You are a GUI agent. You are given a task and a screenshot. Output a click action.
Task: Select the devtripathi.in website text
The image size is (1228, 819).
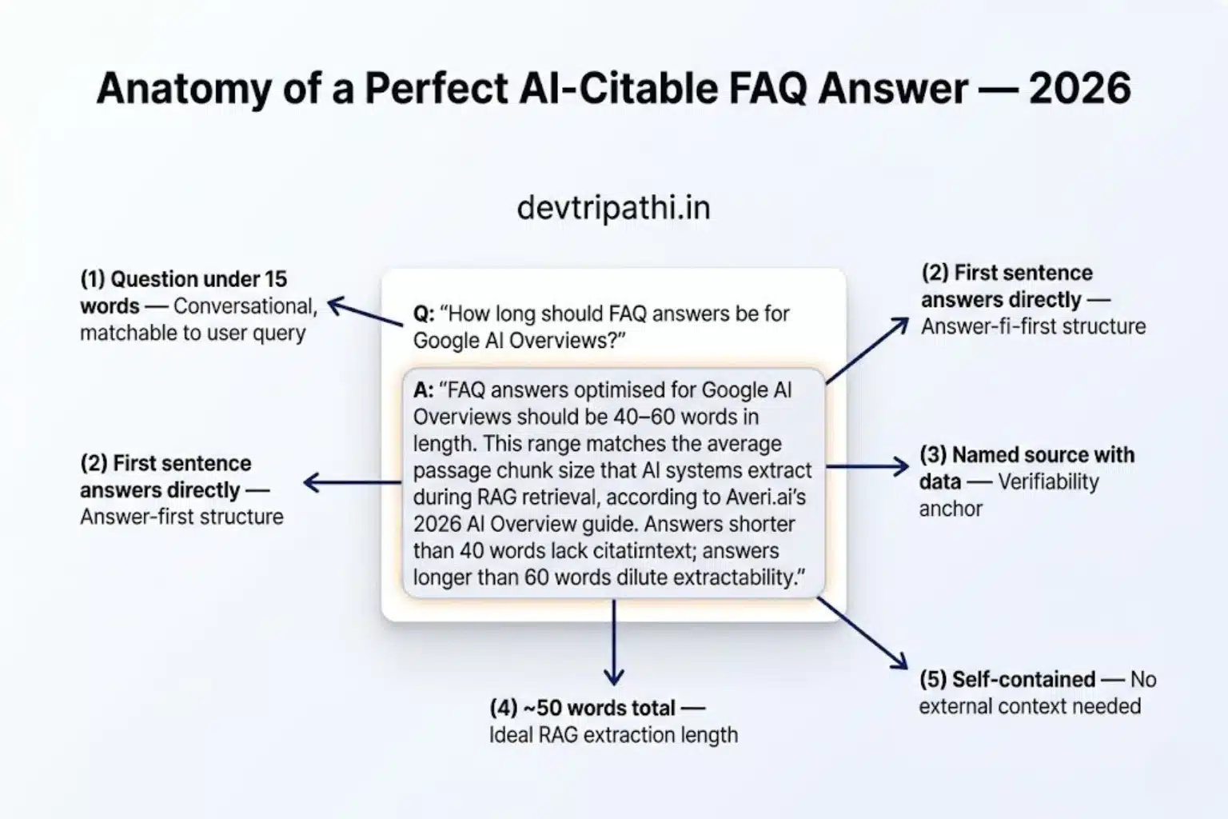coord(613,208)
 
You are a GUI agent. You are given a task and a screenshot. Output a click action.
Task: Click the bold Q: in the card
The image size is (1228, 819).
coord(423,314)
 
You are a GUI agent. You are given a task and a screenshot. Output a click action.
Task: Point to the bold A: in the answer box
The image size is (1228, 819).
coord(423,390)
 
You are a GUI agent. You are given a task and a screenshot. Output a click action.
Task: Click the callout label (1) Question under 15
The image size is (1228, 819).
coord(183,279)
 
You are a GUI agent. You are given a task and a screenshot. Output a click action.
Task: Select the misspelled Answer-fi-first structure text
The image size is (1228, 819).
coord(1033,326)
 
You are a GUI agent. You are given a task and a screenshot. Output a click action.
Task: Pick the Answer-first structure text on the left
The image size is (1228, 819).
coord(181,517)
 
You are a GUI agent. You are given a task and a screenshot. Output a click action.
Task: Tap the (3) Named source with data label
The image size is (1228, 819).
coord(1027,456)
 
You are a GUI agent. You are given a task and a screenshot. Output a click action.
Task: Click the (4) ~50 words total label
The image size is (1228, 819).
coord(584,708)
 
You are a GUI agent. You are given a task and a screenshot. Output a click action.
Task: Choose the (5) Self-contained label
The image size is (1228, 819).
coord(1007,679)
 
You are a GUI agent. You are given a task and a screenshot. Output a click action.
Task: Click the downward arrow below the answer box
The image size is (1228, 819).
coord(613,644)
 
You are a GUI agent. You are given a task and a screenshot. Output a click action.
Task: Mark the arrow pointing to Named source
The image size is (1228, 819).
coord(867,466)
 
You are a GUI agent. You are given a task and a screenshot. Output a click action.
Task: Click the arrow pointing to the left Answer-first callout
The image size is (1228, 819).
coord(352,482)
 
